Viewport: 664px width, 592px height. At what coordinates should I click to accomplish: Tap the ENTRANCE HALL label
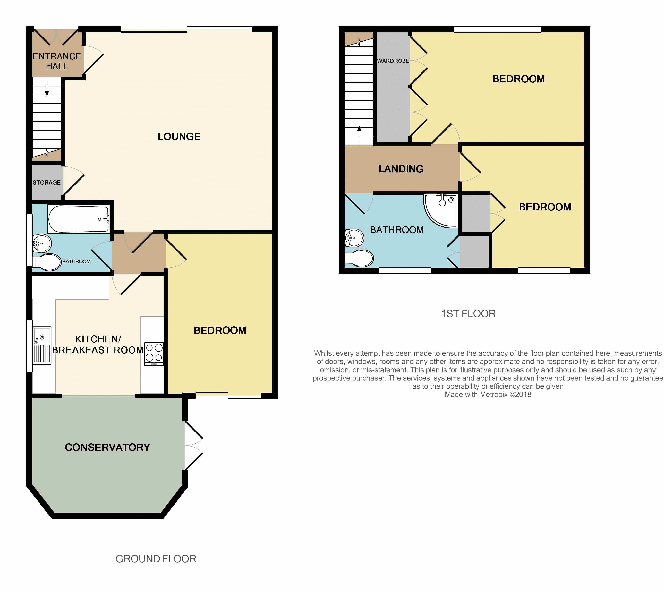[57, 61]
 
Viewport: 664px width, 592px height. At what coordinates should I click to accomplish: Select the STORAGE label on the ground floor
[47, 183]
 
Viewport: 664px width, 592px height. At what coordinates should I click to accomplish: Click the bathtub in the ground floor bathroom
[78, 219]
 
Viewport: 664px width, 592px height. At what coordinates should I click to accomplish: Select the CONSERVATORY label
[107, 447]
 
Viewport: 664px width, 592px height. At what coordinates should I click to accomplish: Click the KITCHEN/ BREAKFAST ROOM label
[98, 344]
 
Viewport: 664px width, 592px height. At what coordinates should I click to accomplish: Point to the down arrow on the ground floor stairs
[47, 88]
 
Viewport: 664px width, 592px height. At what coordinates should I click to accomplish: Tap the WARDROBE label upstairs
[393, 61]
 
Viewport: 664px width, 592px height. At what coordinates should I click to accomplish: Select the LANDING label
[401, 169]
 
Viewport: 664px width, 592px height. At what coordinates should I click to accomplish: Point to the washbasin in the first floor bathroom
[354, 238]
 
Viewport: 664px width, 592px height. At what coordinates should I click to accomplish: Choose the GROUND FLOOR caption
[156, 559]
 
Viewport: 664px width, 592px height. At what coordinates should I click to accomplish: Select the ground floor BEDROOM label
[220, 331]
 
